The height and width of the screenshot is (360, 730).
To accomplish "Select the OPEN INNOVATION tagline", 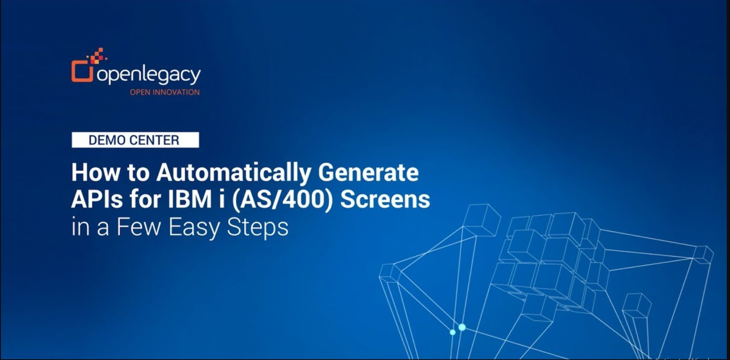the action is click(165, 92).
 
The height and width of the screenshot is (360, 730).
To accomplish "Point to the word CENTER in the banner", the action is click(154, 140).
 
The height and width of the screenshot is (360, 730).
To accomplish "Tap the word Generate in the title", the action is click(368, 172).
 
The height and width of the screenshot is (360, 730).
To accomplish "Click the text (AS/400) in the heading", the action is click(283, 199).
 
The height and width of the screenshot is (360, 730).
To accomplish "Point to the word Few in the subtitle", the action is click(138, 227).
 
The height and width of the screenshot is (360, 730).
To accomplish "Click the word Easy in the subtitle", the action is click(194, 228).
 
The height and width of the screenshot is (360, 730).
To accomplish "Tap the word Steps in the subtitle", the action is click(258, 228).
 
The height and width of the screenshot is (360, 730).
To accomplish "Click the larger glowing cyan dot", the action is click(462, 327).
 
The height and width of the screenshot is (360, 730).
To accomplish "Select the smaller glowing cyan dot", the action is click(453, 332).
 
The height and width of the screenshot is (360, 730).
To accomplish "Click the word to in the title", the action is click(138, 173).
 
